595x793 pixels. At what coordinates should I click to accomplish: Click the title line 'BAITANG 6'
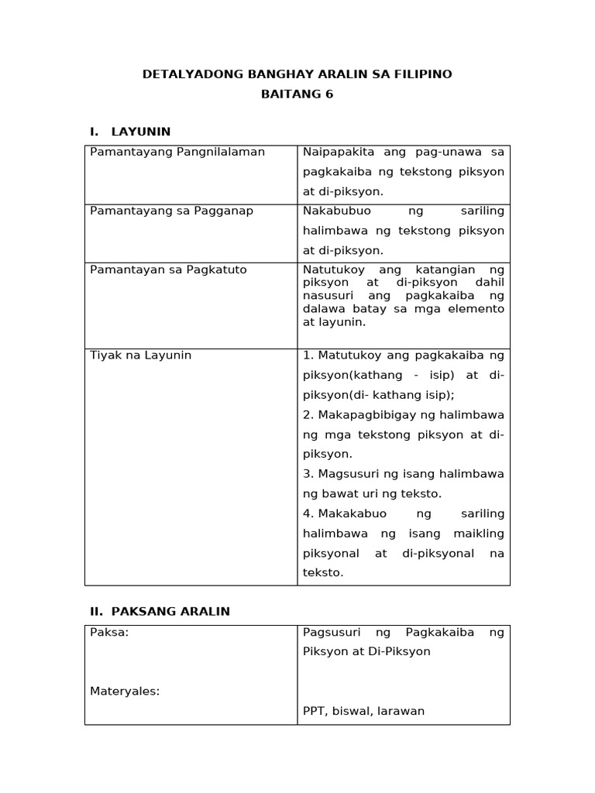pos(297,94)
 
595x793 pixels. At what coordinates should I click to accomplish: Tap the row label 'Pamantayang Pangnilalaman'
pos(177,152)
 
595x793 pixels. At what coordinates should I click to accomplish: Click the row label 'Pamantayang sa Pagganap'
pos(171,211)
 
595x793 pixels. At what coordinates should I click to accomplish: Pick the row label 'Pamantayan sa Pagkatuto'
pos(168,269)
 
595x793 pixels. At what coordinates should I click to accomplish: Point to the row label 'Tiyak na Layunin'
pos(140,355)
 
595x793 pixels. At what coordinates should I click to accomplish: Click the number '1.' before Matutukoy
pos(308,355)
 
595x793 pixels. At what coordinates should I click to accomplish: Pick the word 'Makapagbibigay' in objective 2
pos(361,414)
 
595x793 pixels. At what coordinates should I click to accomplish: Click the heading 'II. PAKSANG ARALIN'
pos(160,611)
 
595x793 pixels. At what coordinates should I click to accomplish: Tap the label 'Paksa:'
pos(109,632)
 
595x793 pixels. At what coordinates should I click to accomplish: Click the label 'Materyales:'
pos(125,691)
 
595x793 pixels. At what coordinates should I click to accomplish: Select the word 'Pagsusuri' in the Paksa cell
pos(331,632)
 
